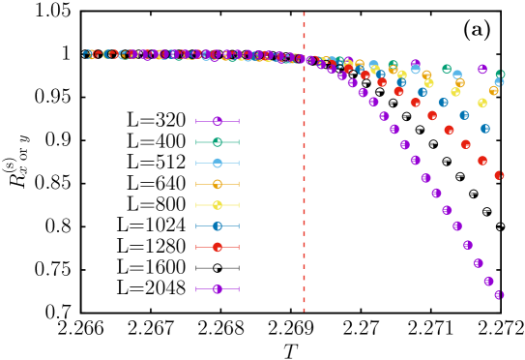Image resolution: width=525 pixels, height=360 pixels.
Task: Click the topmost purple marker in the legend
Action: (218, 121)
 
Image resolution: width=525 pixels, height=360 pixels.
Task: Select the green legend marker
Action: (218, 142)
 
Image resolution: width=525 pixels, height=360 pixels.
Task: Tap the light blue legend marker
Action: (218, 164)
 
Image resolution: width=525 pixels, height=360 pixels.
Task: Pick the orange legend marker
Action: (218, 184)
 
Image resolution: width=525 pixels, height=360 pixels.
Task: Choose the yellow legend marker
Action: (218, 205)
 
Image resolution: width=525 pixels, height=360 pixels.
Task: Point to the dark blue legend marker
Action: (218, 226)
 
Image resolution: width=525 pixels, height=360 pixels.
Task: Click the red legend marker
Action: (218, 248)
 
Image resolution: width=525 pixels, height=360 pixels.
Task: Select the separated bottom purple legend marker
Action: (218, 289)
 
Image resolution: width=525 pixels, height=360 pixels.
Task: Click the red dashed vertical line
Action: (304, 194)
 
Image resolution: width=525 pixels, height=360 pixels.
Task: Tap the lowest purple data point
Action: (499, 295)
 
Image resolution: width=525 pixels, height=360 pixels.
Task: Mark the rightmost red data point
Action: (499, 175)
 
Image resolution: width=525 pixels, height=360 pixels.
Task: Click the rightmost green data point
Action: (500, 74)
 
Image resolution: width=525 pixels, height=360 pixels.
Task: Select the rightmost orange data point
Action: (493, 91)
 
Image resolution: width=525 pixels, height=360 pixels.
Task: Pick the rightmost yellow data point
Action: (481, 103)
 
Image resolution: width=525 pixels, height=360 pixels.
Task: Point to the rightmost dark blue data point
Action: (484, 129)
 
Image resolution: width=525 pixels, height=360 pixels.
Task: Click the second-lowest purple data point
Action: (488, 282)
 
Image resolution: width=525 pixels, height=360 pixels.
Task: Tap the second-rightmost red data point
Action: (482, 161)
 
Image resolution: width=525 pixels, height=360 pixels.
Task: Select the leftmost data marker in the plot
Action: (87, 54)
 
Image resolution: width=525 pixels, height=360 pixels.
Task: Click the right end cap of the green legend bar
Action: (239, 142)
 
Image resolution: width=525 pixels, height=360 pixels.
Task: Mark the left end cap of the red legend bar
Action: (196, 248)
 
